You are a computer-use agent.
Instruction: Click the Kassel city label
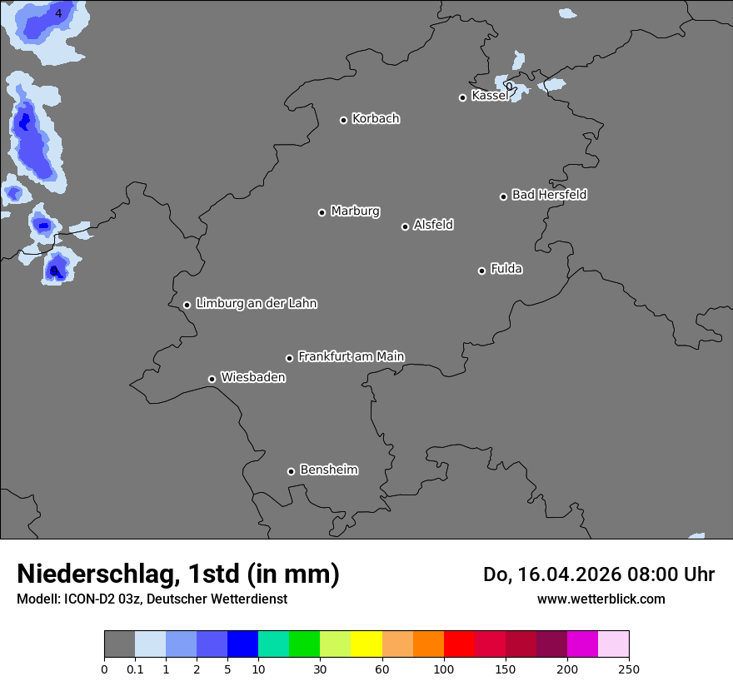(489, 96)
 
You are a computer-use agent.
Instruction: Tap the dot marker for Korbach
(343, 120)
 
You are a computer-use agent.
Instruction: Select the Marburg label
(355, 211)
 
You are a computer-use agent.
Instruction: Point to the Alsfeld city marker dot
(405, 226)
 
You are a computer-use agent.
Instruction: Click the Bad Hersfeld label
(549, 195)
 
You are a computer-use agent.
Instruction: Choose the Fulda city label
(506, 269)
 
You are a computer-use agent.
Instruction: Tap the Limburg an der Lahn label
(256, 304)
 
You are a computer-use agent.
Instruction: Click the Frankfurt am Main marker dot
(289, 358)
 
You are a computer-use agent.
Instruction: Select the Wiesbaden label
(252, 378)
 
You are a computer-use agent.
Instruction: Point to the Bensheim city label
(328, 470)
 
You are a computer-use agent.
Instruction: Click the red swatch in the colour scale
(459, 644)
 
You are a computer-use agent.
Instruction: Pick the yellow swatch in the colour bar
(366, 644)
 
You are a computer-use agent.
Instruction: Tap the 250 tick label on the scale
(629, 669)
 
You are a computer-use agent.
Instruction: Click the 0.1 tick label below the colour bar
(135, 669)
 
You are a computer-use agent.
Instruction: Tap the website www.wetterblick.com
(601, 599)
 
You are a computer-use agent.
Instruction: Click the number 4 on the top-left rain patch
(58, 13)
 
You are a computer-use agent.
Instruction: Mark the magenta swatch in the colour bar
(582, 644)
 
